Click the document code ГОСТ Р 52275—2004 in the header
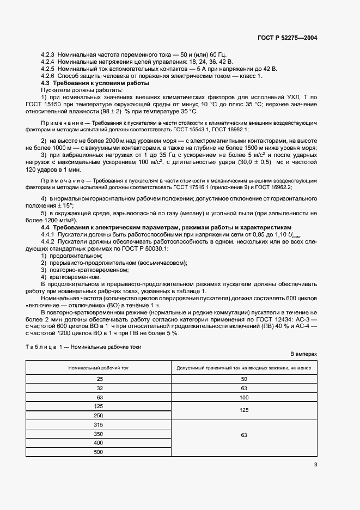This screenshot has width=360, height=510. pos(287,38)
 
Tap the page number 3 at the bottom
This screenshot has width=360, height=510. pos(315,464)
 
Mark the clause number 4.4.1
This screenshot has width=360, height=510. pos(51,233)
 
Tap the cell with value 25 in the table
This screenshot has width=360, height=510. pos(99,379)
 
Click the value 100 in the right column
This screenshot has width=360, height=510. pos(243,398)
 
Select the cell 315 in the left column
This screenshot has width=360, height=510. pos(99,425)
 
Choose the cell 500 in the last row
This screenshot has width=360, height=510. pos(99,452)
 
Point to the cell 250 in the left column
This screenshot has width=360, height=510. pos(99,416)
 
